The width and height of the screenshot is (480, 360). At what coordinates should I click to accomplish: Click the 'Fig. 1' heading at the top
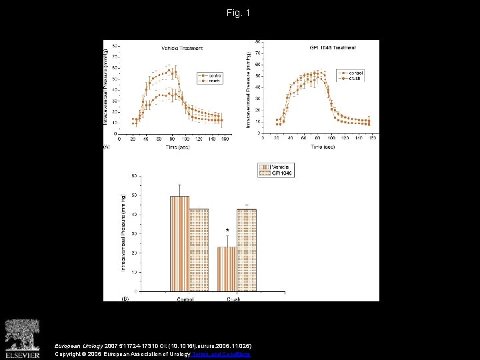[239, 13]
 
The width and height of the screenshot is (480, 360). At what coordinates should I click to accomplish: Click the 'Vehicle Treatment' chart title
[182, 48]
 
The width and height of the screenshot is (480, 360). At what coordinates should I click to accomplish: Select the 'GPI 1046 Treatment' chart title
[333, 48]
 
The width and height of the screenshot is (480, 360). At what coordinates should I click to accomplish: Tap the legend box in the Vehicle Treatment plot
[209, 77]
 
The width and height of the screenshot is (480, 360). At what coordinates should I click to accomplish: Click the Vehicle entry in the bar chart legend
[275, 167]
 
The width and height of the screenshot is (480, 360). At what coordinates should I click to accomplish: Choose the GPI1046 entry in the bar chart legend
[275, 173]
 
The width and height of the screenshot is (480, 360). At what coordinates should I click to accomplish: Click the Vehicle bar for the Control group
[179, 243]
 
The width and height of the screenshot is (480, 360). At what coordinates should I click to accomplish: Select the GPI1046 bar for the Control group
[199, 250]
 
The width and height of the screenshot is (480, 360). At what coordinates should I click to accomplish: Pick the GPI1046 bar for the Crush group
[247, 250]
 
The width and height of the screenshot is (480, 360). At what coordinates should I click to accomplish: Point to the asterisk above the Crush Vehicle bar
[227, 231]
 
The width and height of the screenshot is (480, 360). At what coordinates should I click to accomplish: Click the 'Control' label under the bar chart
[185, 299]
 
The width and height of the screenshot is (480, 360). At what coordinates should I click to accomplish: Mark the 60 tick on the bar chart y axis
[135, 195]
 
